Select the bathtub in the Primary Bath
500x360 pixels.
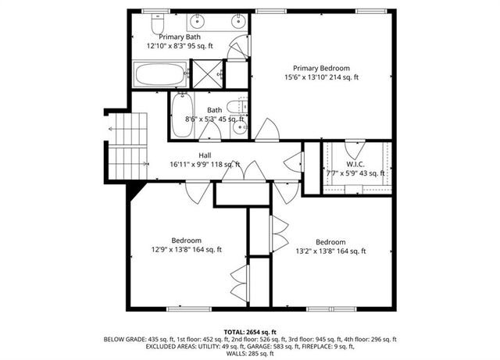point(159,76)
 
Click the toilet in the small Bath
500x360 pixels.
point(237,107)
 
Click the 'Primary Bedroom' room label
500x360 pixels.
point(321,67)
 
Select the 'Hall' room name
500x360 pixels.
point(205,155)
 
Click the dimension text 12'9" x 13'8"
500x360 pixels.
point(186,250)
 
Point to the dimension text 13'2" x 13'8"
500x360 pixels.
point(330,251)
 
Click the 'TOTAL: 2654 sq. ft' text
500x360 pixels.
point(250,332)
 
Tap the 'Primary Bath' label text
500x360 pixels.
point(181,37)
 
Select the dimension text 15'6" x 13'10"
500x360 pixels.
point(321,77)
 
